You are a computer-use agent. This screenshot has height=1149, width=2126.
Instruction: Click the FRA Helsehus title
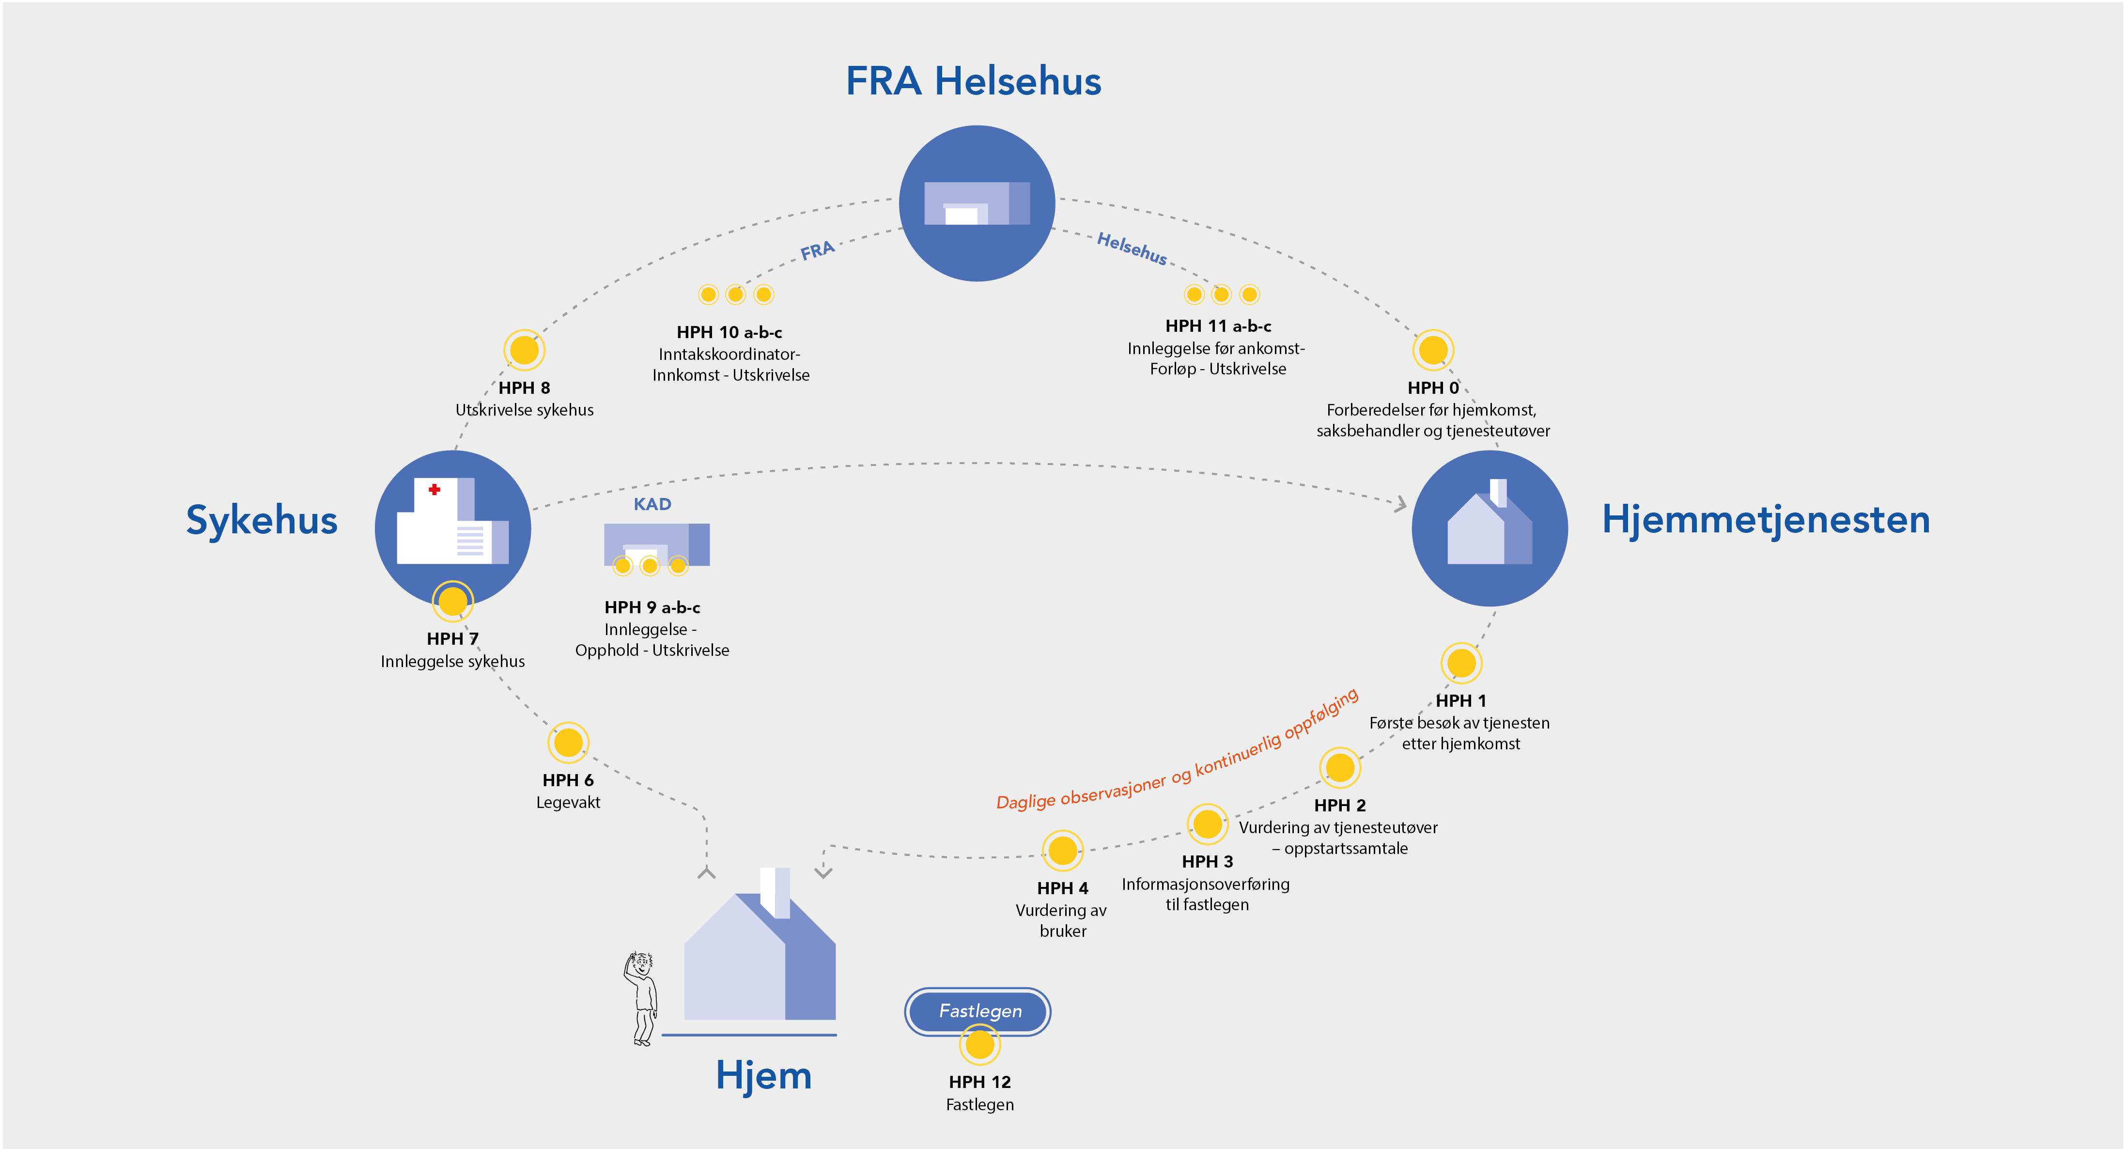[x=973, y=81]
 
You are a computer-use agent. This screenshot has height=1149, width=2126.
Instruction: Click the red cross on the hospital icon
[x=434, y=489]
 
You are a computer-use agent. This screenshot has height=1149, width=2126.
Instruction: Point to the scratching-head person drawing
[x=641, y=999]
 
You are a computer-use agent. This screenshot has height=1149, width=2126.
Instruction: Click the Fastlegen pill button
[x=979, y=1010]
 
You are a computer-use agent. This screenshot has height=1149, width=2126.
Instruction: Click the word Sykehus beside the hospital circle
[x=262, y=520]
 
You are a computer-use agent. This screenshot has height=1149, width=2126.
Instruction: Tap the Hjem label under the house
[x=763, y=1075]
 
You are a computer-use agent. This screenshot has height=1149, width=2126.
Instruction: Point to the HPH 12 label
[x=979, y=1081]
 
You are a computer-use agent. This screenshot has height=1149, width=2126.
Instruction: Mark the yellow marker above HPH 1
[x=1461, y=662]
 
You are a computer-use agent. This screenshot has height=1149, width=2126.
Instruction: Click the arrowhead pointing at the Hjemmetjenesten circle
[x=1400, y=503]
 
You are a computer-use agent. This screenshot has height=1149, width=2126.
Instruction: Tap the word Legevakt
[x=568, y=802]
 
